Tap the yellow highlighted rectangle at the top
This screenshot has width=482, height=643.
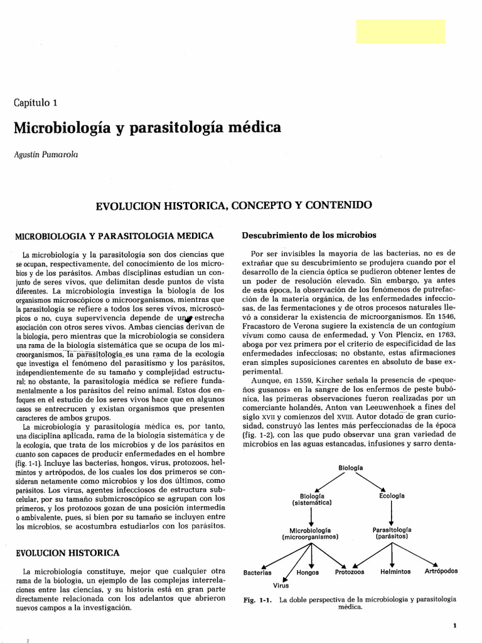400,31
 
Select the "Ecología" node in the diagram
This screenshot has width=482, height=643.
392,495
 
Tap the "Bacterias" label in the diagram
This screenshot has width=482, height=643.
257,573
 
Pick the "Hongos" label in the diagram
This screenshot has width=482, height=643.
307,573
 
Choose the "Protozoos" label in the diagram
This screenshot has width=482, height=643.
350,573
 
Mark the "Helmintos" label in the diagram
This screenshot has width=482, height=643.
395,572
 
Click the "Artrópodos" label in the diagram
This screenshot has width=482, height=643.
441,571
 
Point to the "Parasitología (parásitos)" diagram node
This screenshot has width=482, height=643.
392,534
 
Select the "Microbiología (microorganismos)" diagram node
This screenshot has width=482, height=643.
311,534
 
